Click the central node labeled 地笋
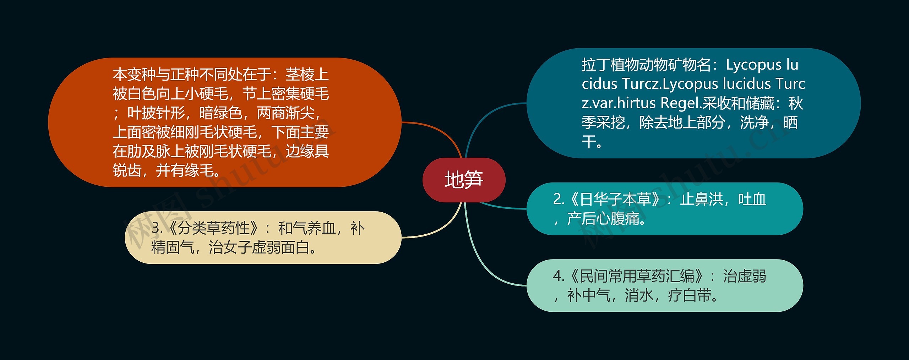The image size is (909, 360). [464, 180]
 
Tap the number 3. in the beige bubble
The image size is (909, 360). [157, 228]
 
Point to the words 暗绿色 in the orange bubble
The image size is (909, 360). [221, 113]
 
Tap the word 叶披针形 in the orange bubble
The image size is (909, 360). [156, 113]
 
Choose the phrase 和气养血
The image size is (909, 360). [307, 228]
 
